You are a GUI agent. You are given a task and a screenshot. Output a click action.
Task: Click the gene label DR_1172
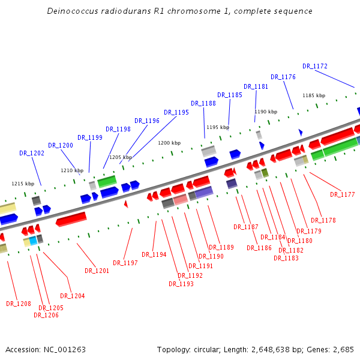pos(315,66)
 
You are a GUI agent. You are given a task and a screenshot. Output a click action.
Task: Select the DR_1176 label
pos(283,77)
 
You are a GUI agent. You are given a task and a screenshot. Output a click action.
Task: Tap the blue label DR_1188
pos(203,103)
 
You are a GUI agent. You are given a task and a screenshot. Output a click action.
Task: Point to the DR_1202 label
pos(32,153)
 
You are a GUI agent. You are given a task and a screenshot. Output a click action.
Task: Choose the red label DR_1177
pos(343,194)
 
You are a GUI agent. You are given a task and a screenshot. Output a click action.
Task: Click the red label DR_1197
pos(125,263)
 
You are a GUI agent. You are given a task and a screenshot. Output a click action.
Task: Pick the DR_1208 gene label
pos(19,304)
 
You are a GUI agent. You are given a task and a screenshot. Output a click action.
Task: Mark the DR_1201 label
pos(97,271)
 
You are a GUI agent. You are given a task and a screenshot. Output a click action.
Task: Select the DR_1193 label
pos(181,284)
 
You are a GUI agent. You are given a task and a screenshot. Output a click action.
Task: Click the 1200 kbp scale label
pos(169,143)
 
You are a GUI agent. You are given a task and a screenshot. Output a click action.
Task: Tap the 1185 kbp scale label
pos(314,95)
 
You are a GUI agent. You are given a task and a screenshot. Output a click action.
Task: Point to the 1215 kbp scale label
pos(23,184)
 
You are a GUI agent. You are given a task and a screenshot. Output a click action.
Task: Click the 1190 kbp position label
pos(266,112)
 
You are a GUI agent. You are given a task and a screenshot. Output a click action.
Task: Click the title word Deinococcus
pos(73,11)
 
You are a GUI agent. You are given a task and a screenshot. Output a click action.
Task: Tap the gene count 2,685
pos(343,349)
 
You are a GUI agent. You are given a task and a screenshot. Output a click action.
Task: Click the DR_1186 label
pos(259,248)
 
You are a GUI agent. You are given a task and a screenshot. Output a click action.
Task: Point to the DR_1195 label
pos(176,112)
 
